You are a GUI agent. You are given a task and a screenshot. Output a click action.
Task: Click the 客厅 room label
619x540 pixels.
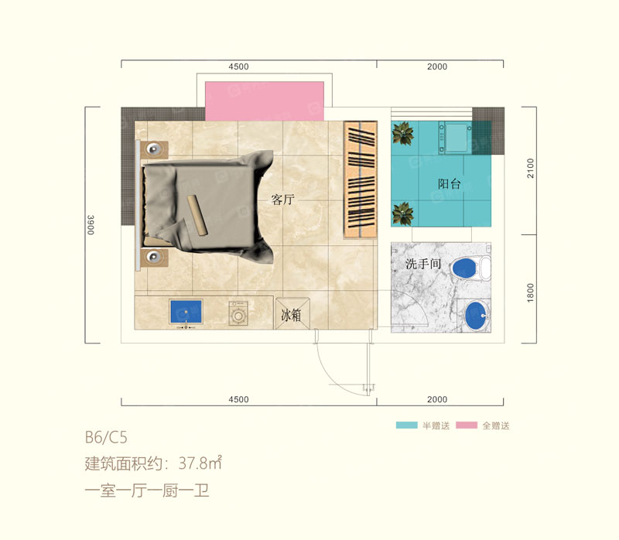284,200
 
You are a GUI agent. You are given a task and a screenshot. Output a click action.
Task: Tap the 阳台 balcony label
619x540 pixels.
449,184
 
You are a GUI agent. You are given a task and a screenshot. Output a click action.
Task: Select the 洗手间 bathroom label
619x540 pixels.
422,265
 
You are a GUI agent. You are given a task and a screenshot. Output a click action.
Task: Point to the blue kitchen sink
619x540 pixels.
186,312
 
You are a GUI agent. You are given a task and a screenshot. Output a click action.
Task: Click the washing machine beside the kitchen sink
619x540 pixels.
238,314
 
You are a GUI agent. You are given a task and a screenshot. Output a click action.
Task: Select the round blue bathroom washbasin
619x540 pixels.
475,314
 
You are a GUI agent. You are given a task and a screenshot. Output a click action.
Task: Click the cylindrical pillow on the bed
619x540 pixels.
200,214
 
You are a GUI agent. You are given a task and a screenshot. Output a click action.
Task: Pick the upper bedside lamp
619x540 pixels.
155,148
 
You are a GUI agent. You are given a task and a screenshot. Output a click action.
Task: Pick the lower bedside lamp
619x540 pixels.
155,256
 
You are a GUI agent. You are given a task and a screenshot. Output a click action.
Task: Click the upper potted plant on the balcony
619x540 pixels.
402,134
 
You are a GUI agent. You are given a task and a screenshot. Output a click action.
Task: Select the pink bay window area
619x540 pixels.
265,101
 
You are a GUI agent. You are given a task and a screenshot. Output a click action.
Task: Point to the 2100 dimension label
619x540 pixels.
530,169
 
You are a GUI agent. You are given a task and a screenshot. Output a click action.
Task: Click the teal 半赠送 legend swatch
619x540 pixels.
407,426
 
